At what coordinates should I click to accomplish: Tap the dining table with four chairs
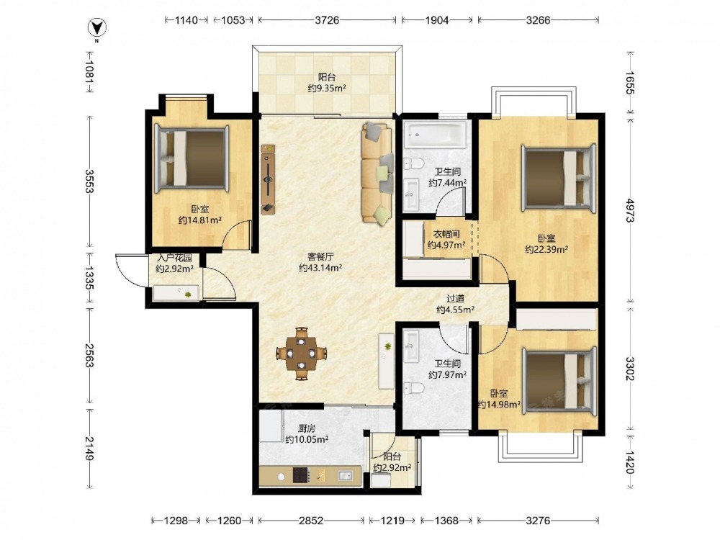(301, 354)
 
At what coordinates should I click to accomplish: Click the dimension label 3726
(327, 19)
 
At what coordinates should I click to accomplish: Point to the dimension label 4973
(629, 210)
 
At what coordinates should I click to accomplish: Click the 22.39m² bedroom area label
(546, 249)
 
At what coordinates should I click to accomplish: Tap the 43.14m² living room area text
(320, 268)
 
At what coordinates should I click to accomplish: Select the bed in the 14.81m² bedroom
(192, 158)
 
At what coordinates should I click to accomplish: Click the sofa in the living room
(378, 173)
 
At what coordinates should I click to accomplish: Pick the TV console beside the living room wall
(268, 179)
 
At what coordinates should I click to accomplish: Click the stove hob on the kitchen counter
(300, 474)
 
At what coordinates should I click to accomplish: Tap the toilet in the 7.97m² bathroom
(414, 388)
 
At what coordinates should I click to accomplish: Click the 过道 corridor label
(456, 299)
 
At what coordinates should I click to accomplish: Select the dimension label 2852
(311, 521)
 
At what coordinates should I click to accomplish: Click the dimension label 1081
(89, 72)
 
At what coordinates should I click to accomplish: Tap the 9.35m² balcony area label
(327, 88)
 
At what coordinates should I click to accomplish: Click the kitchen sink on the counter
(345, 476)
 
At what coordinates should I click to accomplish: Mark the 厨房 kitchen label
(307, 428)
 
